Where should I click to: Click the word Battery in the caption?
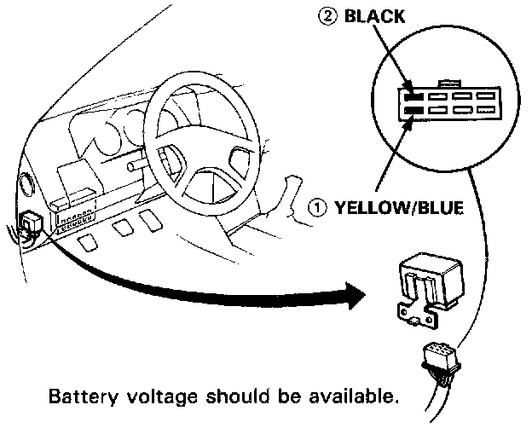(77, 397)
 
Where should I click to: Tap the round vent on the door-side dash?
(24, 183)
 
